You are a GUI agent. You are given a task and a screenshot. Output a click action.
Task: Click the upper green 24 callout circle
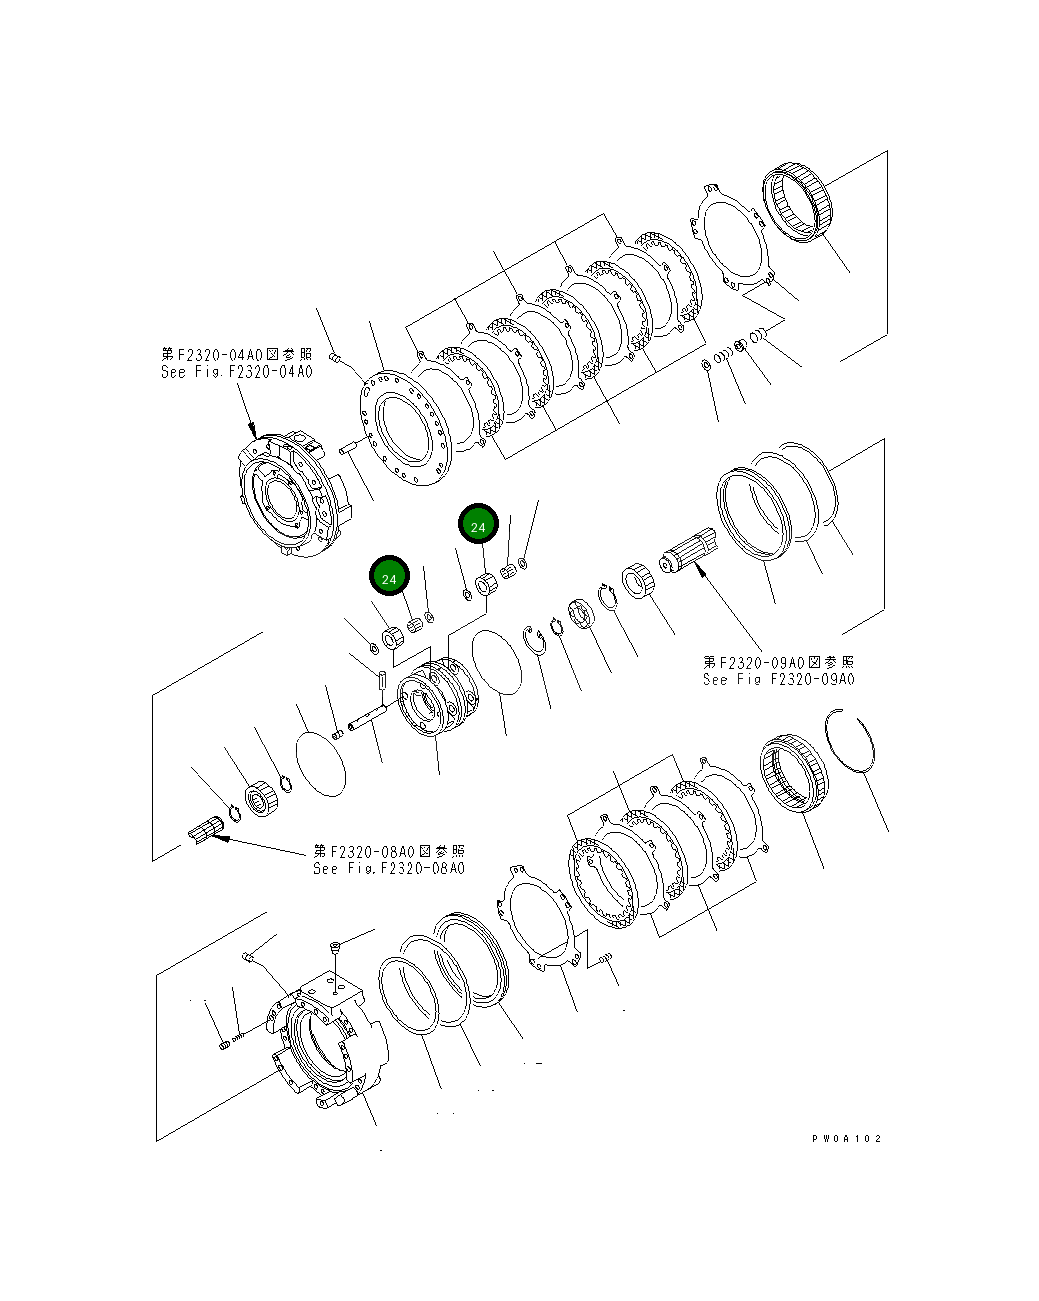478,525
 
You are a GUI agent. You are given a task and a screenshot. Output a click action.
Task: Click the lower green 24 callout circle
389,578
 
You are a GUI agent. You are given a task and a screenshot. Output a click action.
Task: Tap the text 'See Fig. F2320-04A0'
236,372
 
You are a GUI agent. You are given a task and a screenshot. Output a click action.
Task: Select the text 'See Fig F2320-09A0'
778,680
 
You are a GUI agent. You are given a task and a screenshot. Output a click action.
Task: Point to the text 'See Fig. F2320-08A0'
388,868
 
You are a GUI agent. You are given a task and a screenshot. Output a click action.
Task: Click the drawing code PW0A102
847,1138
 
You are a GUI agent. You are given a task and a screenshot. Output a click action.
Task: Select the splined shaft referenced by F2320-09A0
689,551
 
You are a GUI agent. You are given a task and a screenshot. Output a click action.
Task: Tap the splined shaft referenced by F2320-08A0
204,830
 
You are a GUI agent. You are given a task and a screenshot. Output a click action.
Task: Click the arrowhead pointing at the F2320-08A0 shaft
222,838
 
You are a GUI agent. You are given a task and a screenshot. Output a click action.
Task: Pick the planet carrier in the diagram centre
439,697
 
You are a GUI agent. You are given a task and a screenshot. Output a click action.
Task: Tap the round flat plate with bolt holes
404,430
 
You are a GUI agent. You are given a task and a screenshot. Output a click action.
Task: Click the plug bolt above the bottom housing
335,945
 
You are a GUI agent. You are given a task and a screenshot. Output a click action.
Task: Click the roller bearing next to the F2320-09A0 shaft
637,580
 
